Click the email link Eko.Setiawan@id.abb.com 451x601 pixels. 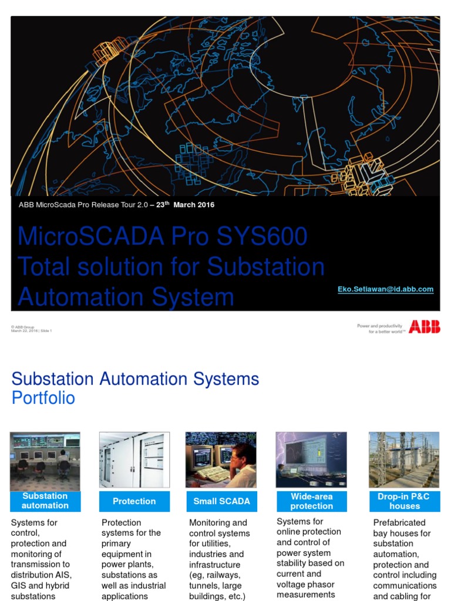point(385,289)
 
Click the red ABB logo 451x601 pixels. point(424,327)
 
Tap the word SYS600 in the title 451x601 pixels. point(261,237)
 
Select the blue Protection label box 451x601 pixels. point(134,501)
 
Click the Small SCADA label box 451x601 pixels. point(221,501)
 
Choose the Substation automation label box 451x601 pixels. point(45,501)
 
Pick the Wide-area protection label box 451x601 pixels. point(311,501)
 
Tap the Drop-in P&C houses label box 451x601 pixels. point(403,501)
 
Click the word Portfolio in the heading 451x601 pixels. point(43,398)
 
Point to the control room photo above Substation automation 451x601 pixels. point(45,461)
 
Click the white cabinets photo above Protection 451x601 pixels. point(134,460)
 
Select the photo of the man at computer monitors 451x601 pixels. point(221,460)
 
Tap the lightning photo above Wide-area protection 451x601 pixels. point(311,460)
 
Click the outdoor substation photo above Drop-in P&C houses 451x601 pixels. point(403,460)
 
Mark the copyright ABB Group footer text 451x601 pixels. point(23,326)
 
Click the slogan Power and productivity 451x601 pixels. point(379,326)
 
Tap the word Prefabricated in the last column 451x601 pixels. point(399,522)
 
